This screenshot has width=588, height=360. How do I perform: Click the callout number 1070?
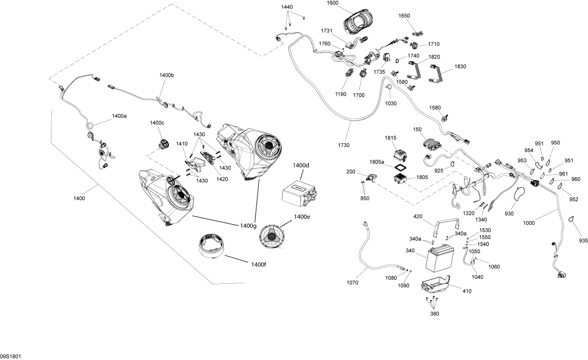click(x=352, y=283)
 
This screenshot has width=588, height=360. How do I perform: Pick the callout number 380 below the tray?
click(x=434, y=313)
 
